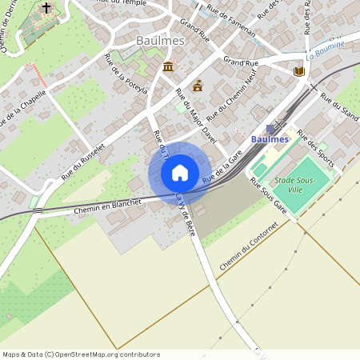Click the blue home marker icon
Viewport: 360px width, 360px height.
pos(180,173)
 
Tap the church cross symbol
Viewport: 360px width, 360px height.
pos(46,8)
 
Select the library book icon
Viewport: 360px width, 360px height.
pos(299,72)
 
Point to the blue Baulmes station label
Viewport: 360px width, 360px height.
pos(270,139)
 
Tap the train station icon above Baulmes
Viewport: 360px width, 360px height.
pos(270,128)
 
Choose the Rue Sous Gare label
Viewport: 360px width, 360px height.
pos(269,194)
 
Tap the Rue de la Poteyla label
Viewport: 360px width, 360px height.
pos(126,74)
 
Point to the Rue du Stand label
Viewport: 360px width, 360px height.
pos(339,103)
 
